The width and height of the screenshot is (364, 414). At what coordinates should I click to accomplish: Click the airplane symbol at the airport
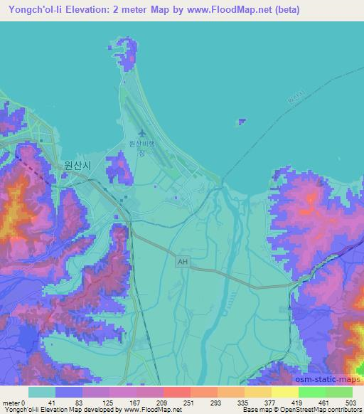point(142,132)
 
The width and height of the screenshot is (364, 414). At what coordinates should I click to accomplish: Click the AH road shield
point(183,262)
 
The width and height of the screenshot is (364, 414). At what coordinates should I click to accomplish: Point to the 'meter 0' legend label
point(13,403)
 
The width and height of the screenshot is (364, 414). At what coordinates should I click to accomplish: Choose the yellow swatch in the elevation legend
point(284,392)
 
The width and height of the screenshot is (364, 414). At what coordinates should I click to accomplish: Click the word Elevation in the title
point(91,10)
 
